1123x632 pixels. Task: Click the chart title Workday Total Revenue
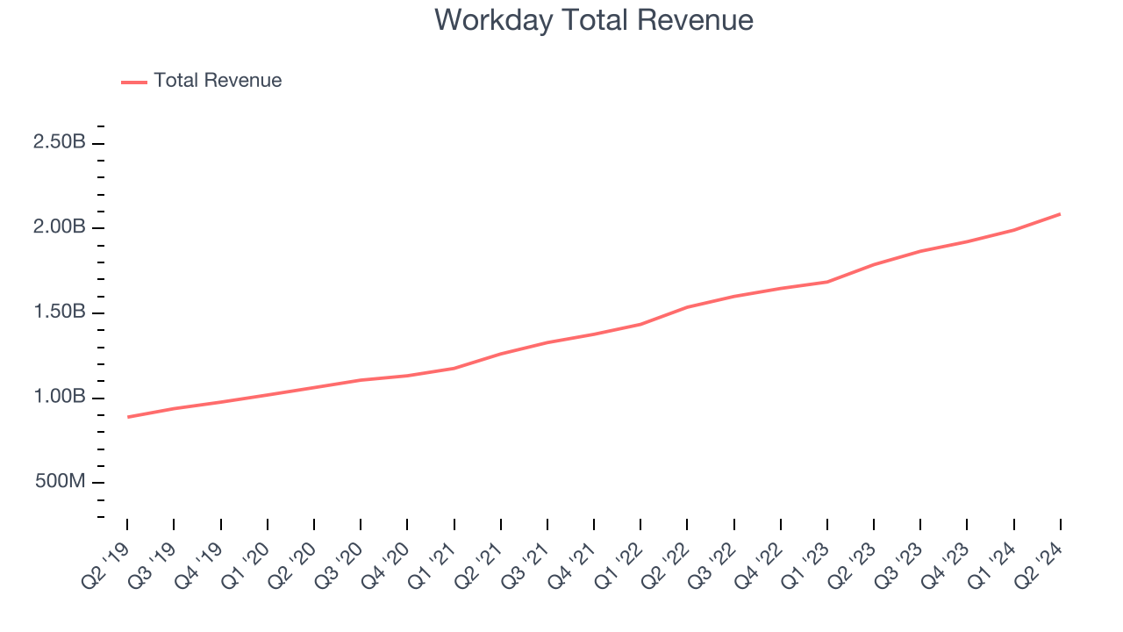[x=594, y=19]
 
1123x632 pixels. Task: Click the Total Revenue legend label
[x=218, y=81]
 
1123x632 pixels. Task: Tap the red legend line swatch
[x=134, y=82]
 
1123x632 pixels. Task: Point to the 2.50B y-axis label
[x=59, y=142]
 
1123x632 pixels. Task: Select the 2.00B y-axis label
[x=59, y=227]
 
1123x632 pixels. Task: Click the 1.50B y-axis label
[x=59, y=312]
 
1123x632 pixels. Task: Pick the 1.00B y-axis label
[x=59, y=398]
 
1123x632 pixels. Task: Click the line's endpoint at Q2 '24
[x=1060, y=214]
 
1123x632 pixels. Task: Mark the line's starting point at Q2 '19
[x=127, y=417]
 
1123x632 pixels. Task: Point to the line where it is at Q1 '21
[x=454, y=368]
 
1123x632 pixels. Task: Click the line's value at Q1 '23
[x=827, y=282]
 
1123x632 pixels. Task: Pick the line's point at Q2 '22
[x=687, y=307]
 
